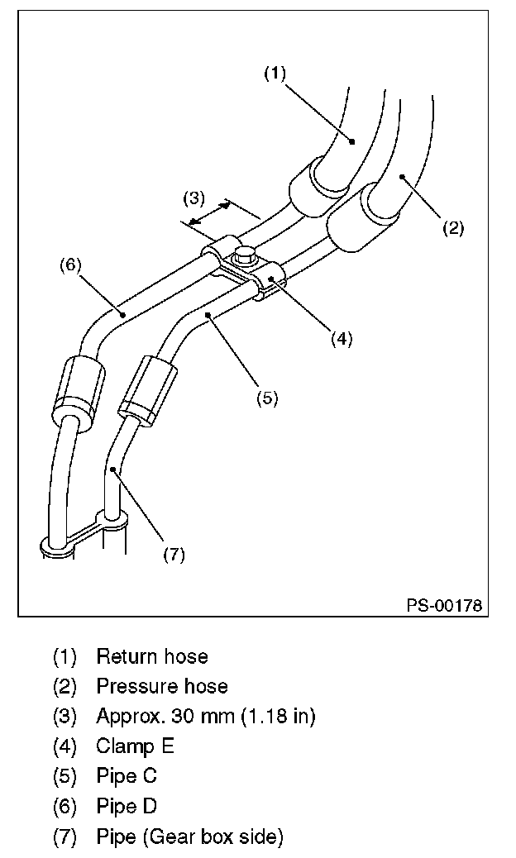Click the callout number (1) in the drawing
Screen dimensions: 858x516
pos(275,74)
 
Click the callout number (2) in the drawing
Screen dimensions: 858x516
pos(452,228)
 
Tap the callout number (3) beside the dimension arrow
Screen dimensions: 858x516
pos(193,198)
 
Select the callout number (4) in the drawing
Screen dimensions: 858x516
pos(342,337)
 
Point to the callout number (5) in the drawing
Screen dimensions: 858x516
pos(266,398)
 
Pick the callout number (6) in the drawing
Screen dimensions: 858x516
pos(69,265)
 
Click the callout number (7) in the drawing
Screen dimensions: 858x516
pos(174,555)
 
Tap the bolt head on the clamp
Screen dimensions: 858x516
pos(245,255)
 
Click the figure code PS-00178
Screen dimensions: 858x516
pos(444,606)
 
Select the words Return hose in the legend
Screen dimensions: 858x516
pos(152,656)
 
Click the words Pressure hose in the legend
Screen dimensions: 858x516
pos(162,686)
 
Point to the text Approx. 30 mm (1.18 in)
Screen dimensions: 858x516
pos(206,716)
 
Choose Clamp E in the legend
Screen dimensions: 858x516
pos(136,746)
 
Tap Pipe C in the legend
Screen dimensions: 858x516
pos(127,776)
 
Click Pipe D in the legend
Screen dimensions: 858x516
pos(127,806)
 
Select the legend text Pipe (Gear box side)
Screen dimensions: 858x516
pos(190,837)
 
